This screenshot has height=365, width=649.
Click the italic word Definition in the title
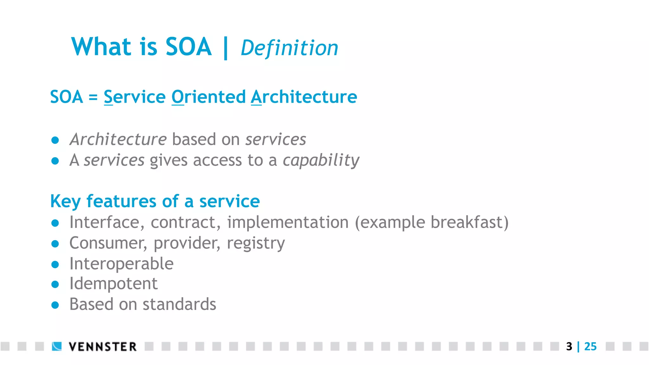point(289,48)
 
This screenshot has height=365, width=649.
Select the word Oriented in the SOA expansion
point(209,97)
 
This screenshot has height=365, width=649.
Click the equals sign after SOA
point(93,97)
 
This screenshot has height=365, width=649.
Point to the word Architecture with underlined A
point(304,97)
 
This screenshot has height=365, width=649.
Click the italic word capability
point(321,160)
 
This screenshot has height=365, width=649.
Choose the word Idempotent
point(113,284)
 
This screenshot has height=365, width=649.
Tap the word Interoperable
point(121,264)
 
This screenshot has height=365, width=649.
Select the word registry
point(256,243)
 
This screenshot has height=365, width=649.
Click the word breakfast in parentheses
point(467,222)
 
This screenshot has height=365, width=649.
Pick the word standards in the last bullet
point(179,304)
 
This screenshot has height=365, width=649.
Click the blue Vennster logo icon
point(57,346)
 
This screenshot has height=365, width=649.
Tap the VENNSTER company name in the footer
point(103,347)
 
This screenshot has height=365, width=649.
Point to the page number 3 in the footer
point(569,346)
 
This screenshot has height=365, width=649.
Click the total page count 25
point(590,346)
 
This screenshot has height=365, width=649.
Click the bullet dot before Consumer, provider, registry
point(55,244)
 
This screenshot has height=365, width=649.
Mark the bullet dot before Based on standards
point(55,305)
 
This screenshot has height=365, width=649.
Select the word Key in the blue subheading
point(65,202)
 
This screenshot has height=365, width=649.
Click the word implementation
point(288,222)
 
